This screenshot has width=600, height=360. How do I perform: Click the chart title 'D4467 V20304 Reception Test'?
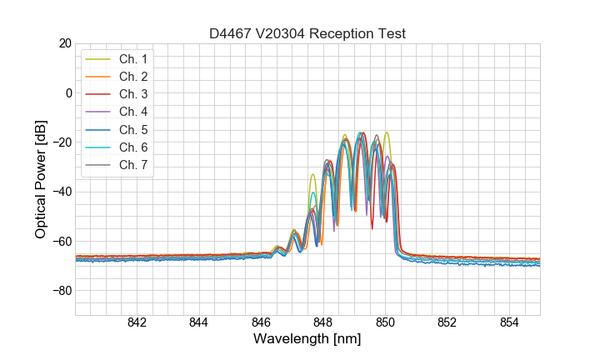(307, 33)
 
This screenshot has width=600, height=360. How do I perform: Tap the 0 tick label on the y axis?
(68, 92)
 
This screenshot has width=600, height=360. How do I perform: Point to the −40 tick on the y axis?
(62, 192)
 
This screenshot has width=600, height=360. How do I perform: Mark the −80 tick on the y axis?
(62, 291)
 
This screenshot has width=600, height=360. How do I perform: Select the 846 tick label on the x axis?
(261, 323)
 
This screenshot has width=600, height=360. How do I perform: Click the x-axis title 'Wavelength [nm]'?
(307, 340)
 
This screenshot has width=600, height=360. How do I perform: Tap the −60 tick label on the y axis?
(62, 242)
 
